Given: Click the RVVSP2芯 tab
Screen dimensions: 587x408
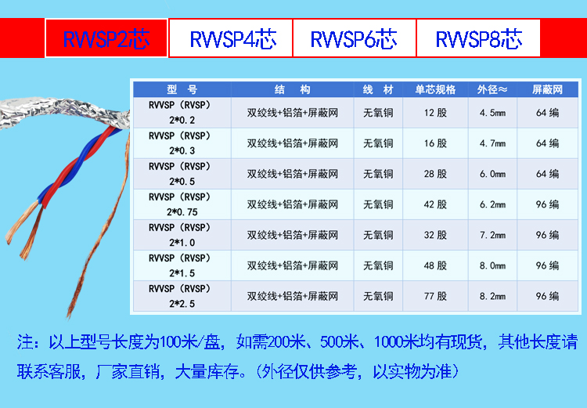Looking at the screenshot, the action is coord(106,38).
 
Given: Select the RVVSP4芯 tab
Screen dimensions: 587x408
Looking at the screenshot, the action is coord(231,38).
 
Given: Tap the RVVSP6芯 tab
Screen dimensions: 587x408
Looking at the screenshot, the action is coord(354,38).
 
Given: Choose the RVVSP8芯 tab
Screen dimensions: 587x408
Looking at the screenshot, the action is coord(478,38).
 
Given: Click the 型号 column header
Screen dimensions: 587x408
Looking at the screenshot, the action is coord(182,89).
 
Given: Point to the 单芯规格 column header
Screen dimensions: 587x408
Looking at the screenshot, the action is coord(435,89).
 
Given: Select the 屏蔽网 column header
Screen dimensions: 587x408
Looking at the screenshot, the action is coord(547,89).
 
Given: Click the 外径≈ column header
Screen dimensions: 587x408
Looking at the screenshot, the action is coord(492,89).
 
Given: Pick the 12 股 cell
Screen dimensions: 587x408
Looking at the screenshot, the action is coord(435,113).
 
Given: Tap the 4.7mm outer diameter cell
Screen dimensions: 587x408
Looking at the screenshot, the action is coord(492,143).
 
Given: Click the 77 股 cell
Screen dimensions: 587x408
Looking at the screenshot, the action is coord(435,296).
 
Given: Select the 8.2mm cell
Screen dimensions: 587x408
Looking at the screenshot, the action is coord(492,296).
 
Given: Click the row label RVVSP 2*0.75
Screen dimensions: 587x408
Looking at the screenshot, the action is coord(182,204).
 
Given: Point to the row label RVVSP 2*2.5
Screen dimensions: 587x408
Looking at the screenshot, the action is coord(182,296).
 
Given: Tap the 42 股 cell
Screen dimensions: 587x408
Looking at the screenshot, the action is coord(435,204).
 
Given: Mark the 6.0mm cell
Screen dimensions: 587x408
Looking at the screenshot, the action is coord(492,174).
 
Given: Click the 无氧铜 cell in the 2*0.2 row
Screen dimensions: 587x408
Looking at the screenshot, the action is coord(378,113).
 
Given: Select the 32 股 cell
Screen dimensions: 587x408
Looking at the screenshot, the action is coord(435,235).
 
